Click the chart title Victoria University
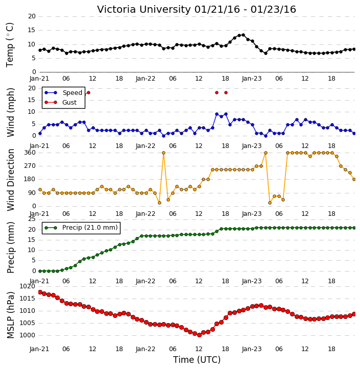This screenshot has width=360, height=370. point(143,10)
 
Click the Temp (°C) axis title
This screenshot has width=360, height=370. point(10,45)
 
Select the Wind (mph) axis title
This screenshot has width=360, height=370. point(10,112)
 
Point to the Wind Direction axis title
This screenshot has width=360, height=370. point(10,180)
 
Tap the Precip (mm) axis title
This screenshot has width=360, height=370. point(10,248)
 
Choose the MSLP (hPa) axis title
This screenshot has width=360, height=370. point(10,315)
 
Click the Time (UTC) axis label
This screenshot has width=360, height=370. point(197,360)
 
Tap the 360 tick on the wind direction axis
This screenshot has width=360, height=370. point(30,153)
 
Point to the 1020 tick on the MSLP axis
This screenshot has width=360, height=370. point(28,286)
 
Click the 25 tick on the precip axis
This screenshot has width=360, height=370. point(32,219)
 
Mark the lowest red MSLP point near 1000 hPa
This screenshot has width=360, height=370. point(199,335)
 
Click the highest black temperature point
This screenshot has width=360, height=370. point(243,35)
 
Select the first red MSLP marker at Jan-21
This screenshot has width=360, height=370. point(40,292)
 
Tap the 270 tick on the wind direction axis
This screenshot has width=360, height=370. point(30,166)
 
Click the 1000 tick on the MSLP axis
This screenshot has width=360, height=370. point(28,335)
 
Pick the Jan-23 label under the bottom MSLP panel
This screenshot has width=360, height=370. point(252,349)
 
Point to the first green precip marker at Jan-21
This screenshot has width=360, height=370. point(40,271)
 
